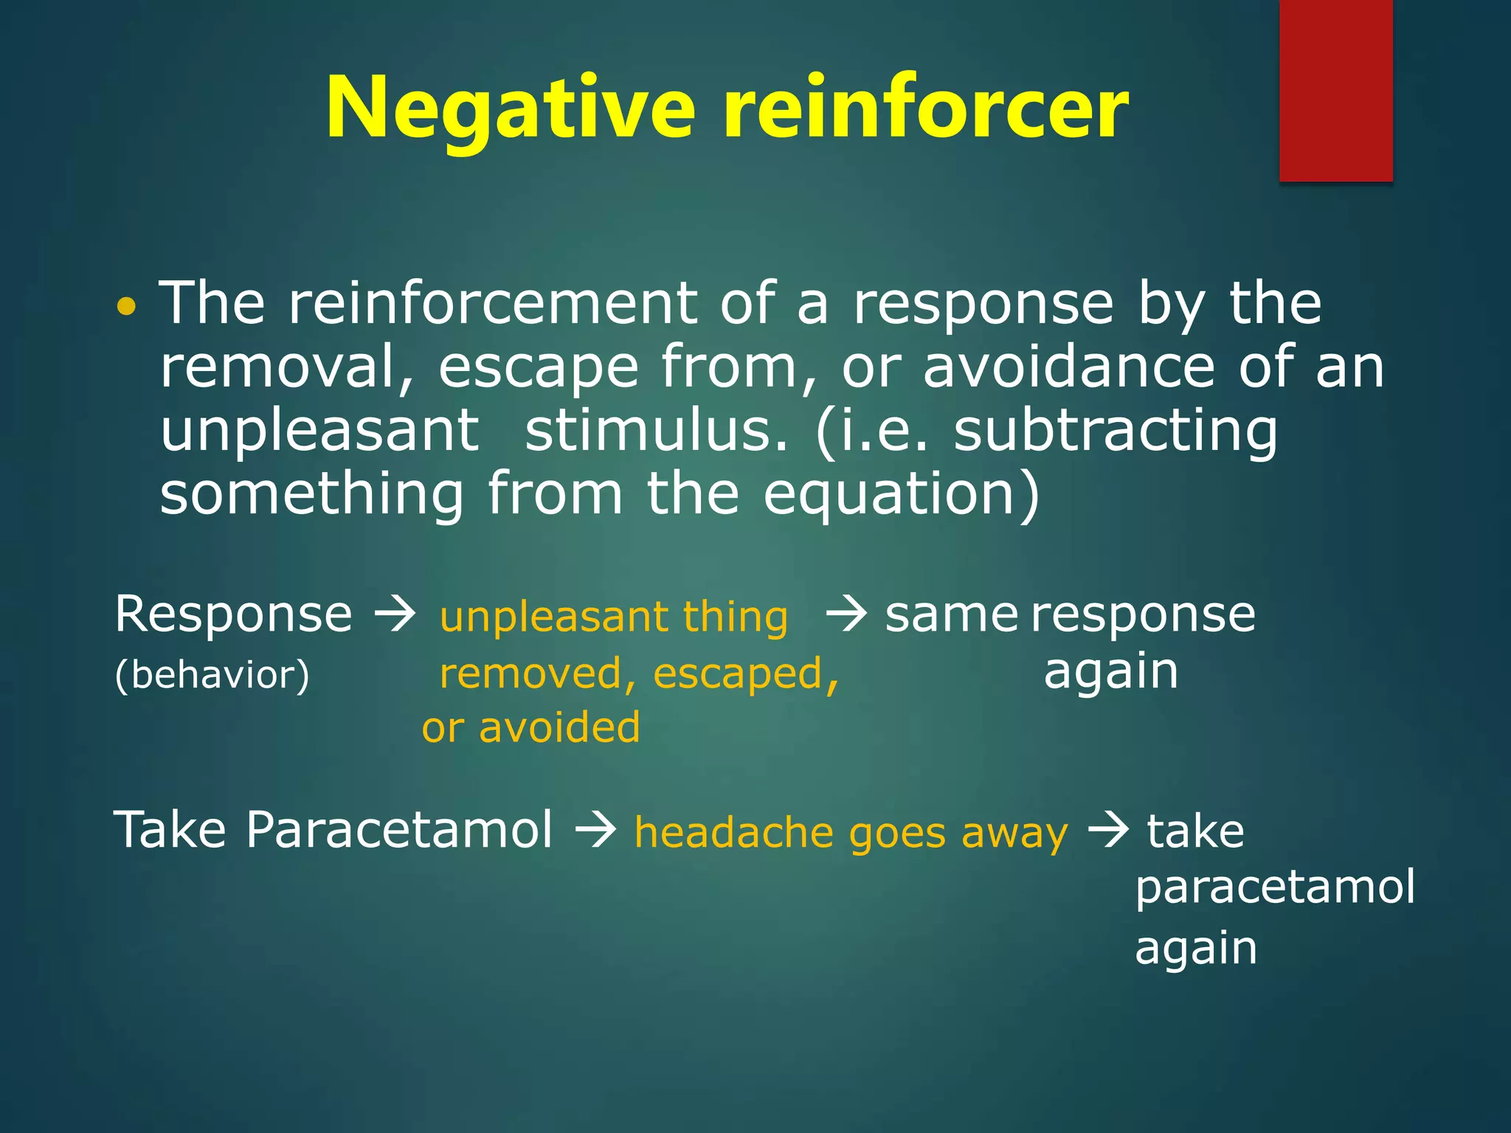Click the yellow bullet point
tap(127, 306)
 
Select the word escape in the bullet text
tap(538, 369)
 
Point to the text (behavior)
tap(212, 675)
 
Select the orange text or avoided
tap(531, 727)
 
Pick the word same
tap(951, 616)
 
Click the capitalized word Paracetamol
tap(399, 830)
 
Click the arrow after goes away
tap(1109, 830)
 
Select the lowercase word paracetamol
tap(1275, 888)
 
